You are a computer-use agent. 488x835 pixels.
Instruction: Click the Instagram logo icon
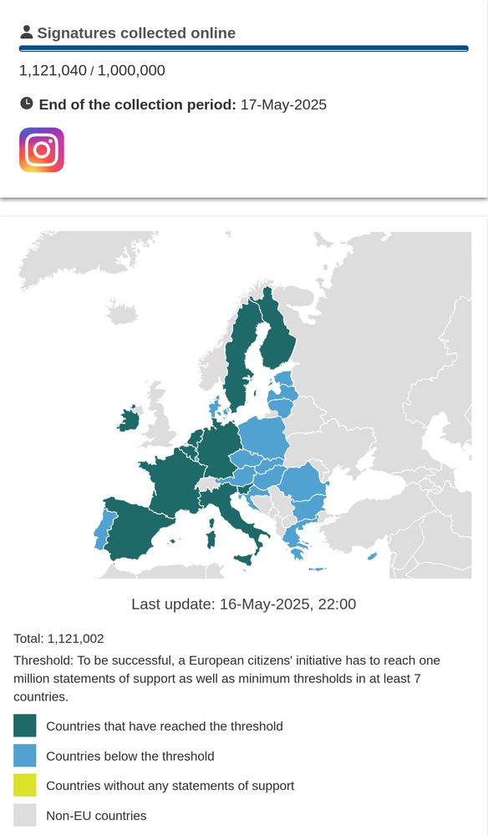pyautogui.click(x=42, y=150)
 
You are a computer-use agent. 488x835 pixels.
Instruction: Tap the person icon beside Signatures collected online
pyautogui.click(x=27, y=33)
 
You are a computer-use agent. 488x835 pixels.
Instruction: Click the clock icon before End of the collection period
pyautogui.click(x=27, y=104)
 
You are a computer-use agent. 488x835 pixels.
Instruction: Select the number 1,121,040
pyautogui.click(x=53, y=71)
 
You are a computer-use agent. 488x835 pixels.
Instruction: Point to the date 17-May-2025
pyautogui.click(x=283, y=105)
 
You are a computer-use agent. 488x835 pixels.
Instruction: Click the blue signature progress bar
pyautogui.click(x=243, y=49)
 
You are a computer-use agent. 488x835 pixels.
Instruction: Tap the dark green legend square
pyautogui.click(x=25, y=726)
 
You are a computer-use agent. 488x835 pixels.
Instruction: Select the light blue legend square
pyautogui.click(x=25, y=756)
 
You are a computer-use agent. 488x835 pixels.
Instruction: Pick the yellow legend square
pyautogui.click(x=25, y=786)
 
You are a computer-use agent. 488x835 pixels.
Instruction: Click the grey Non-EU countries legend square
pyautogui.click(x=25, y=816)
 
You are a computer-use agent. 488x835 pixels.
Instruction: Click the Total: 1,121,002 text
pyautogui.click(x=58, y=639)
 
